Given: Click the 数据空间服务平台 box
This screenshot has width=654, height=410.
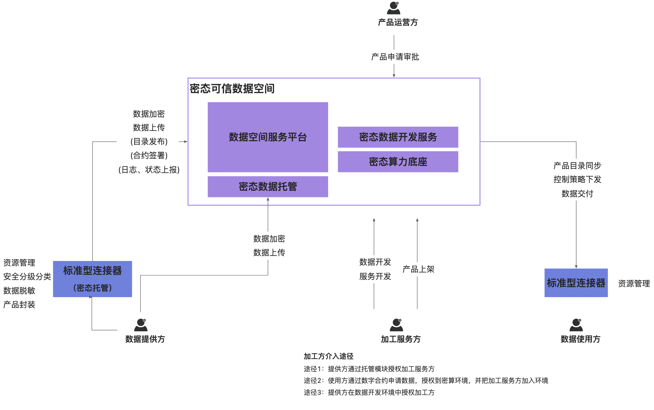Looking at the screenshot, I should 268,137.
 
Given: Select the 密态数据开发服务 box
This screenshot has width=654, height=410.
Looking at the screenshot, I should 398,137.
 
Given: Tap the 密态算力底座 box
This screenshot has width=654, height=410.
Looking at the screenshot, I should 398,162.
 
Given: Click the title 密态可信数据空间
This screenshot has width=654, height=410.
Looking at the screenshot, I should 232,89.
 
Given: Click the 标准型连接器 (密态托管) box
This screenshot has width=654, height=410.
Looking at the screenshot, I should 92,279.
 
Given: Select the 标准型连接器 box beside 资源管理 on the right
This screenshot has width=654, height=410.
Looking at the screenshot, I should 576,283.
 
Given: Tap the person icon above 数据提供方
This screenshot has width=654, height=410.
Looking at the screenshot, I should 141,325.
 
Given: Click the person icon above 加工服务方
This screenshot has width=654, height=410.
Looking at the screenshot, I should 396,325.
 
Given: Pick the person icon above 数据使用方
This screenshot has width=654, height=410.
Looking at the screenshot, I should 576,325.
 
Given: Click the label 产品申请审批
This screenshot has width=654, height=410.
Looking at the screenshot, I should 395,57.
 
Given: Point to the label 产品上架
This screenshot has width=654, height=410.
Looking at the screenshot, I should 418,269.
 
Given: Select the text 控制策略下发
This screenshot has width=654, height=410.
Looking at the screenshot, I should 577,179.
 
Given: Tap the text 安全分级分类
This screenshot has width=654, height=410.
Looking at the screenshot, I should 27,277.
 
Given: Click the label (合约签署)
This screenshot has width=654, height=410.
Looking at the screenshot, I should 149,155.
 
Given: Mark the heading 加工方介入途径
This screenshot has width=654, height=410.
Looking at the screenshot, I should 328,356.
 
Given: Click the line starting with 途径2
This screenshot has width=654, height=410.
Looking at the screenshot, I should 426,380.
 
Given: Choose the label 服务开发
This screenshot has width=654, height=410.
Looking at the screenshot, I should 375,276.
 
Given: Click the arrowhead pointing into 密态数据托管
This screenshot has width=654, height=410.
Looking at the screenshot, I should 268,199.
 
